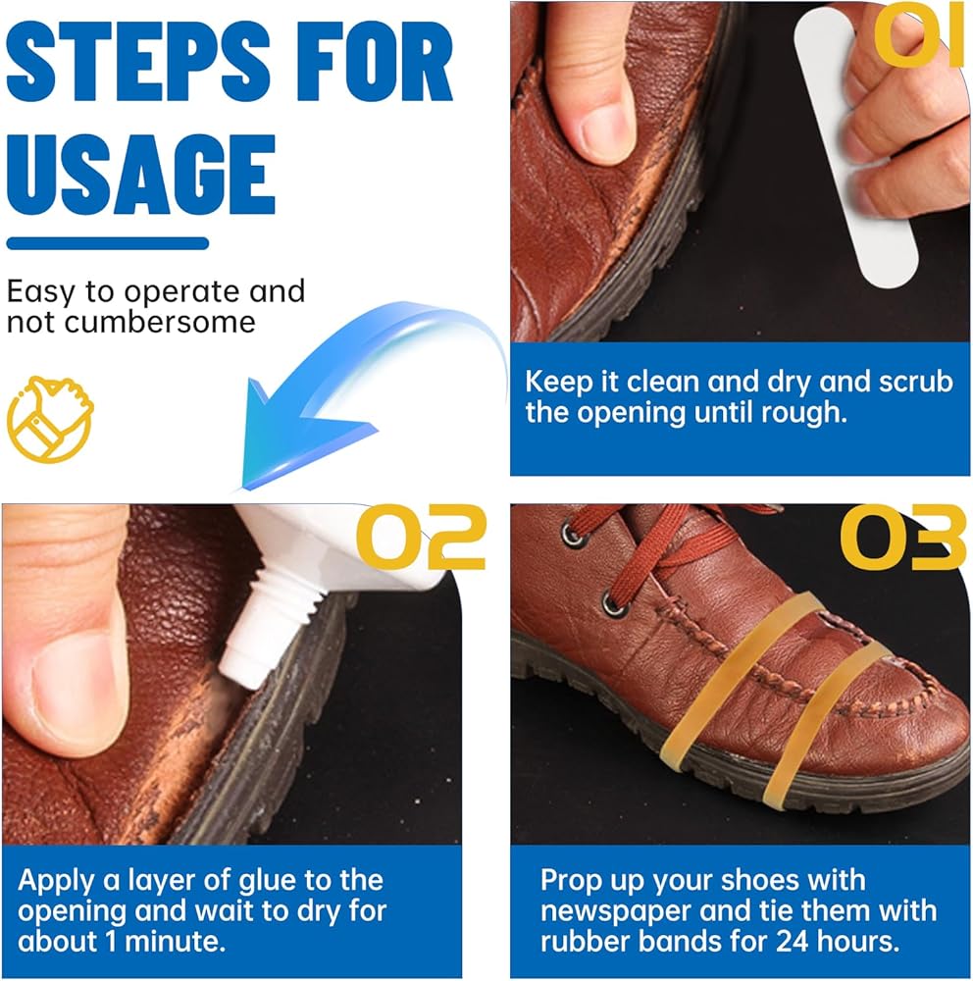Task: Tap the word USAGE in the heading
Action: (x=141, y=175)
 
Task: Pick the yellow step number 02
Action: (x=421, y=538)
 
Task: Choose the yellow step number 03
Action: (x=903, y=538)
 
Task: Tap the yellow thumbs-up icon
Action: (x=49, y=419)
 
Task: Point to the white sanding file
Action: (x=855, y=148)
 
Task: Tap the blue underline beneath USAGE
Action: (x=108, y=243)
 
